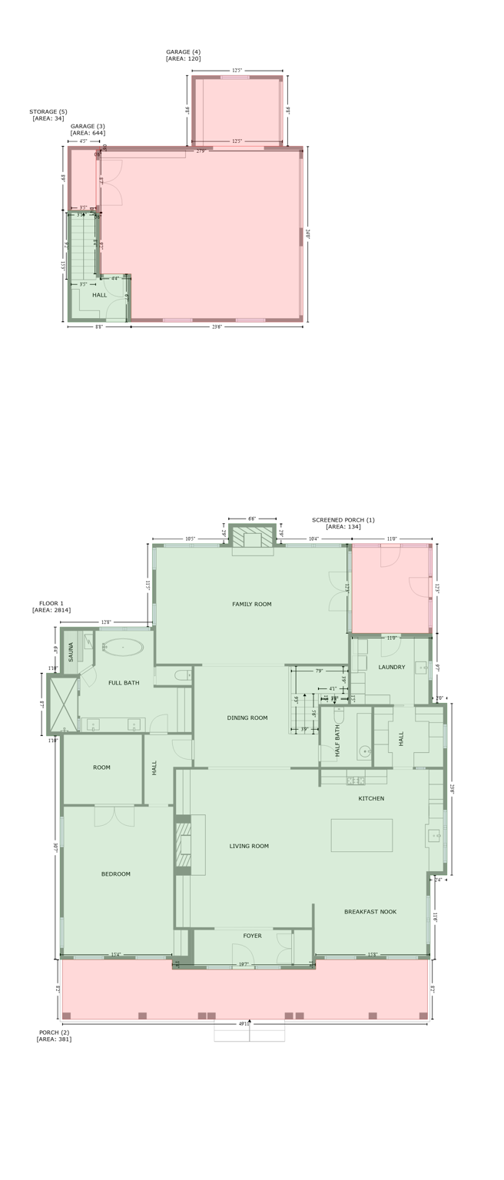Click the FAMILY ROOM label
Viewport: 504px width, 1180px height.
[251, 605]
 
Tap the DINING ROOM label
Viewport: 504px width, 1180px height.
[247, 718]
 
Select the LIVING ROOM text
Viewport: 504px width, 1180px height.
[249, 847]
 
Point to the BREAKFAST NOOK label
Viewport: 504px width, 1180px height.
[370, 912]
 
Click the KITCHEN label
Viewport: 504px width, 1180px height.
[371, 799]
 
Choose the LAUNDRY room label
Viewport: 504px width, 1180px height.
[391, 667]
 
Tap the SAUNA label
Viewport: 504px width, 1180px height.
[71, 652]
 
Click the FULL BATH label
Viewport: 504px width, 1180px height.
[124, 683]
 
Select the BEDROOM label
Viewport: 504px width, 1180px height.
[116, 874]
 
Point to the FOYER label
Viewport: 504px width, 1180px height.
[252, 936]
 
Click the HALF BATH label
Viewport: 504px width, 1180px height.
[337, 741]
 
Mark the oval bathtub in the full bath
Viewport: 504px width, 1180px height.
[123, 647]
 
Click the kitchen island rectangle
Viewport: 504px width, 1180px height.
[361, 835]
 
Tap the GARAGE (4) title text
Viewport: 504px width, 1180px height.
[184, 52]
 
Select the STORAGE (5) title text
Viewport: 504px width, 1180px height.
[48, 111]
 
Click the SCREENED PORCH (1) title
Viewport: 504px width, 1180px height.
[343, 520]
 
